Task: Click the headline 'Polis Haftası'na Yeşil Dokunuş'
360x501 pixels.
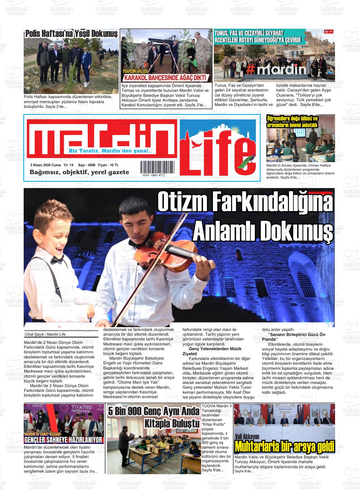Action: (71, 33)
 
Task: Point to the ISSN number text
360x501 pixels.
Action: (154, 175)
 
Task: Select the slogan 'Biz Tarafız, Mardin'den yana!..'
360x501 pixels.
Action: (110, 151)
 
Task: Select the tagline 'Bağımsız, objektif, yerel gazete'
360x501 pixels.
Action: (79, 172)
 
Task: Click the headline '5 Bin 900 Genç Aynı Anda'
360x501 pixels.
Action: (154, 411)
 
